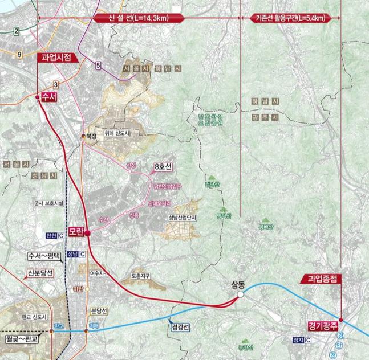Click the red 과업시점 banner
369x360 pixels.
[56, 57]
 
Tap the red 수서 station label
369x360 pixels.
[48, 97]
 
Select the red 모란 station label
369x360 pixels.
[76, 232]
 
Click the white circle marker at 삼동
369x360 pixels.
[241, 294]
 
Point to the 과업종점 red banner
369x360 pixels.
[323, 279]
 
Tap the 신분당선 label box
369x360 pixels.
[40, 272]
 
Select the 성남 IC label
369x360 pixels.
[75, 254]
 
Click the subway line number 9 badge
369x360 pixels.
[19, 54]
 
